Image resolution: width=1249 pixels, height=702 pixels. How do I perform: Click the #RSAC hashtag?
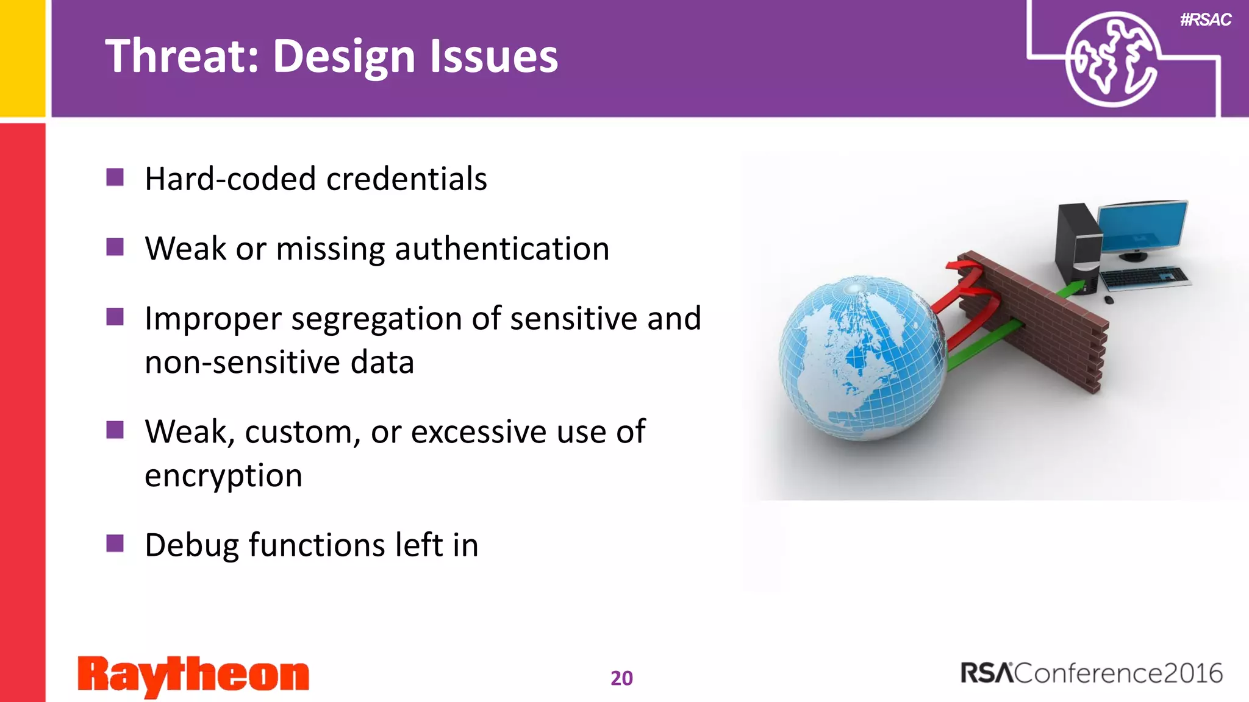[x=1205, y=19]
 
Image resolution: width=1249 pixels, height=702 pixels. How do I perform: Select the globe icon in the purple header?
[x=1112, y=60]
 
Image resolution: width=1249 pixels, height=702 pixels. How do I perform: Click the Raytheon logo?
[x=193, y=675]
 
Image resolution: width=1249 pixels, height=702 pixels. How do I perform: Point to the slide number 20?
[x=621, y=678]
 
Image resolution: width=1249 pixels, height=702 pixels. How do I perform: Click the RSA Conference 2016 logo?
[x=1091, y=673]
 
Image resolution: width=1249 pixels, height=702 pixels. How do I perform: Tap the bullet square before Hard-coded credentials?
[x=115, y=177]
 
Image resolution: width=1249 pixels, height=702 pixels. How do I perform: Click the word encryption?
[x=223, y=475]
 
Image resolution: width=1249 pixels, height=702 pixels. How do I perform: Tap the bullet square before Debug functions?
[x=115, y=543]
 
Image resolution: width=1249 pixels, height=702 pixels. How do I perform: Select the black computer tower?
[x=1078, y=247]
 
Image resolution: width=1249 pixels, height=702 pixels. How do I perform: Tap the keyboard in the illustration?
[x=1144, y=277]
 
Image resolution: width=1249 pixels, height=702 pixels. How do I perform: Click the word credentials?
[x=406, y=179]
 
